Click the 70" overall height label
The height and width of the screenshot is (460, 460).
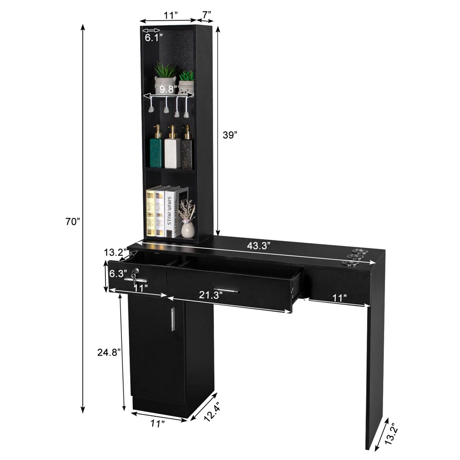tap(73, 222)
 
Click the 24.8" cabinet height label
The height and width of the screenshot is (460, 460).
tap(109, 352)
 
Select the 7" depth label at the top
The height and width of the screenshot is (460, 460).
tap(205, 15)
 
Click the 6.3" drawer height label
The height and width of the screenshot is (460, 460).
tap(118, 274)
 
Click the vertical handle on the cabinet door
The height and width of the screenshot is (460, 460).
tap(172, 319)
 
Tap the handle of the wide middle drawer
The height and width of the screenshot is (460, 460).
tap(226, 290)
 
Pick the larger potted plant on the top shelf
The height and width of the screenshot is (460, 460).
tap(165, 78)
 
